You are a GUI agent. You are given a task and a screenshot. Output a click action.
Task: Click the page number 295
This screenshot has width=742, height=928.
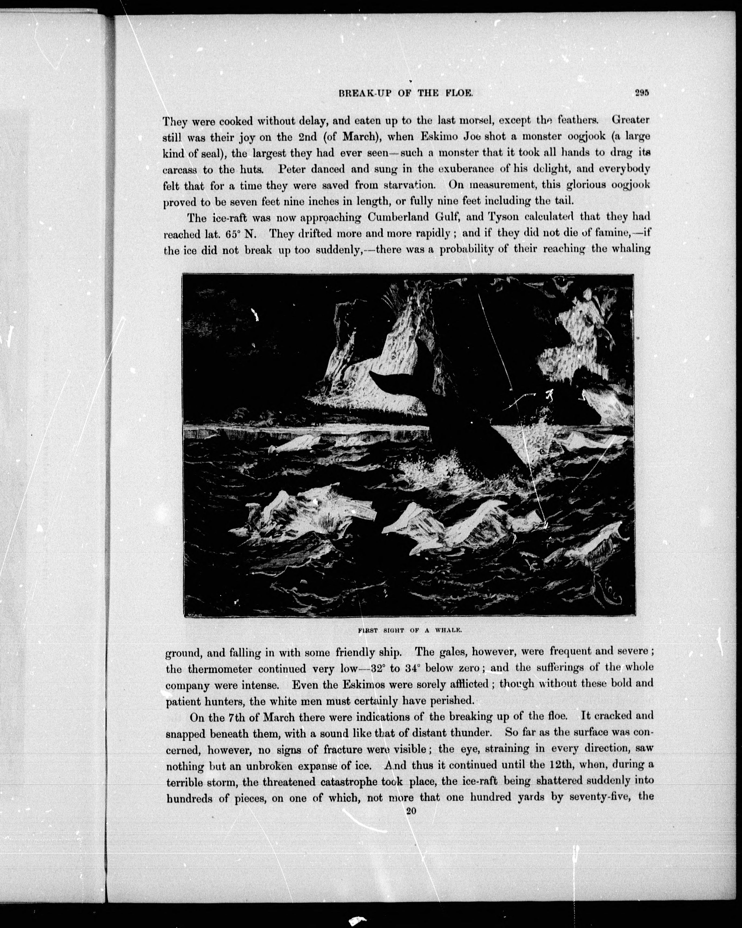641,92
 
